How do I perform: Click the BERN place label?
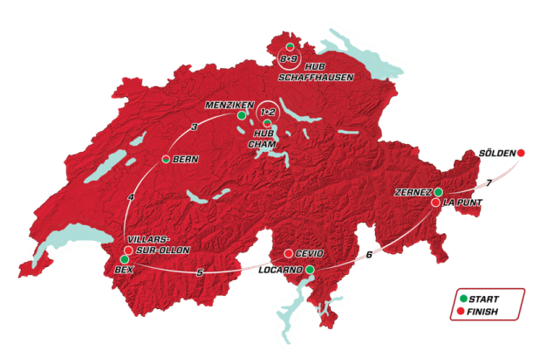click(187, 160)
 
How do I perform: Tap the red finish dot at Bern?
click(166, 160)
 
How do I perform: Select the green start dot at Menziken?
click(241, 113)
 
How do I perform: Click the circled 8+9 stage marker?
click(289, 58)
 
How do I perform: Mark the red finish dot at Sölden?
click(521, 154)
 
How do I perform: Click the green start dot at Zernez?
click(439, 192)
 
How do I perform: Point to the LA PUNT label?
click(461, 203)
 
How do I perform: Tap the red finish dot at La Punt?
click(435, 203)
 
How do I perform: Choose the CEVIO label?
click(310, 253)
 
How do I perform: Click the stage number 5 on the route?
click(200, 273)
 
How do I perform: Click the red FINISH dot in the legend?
click(462, 310)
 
